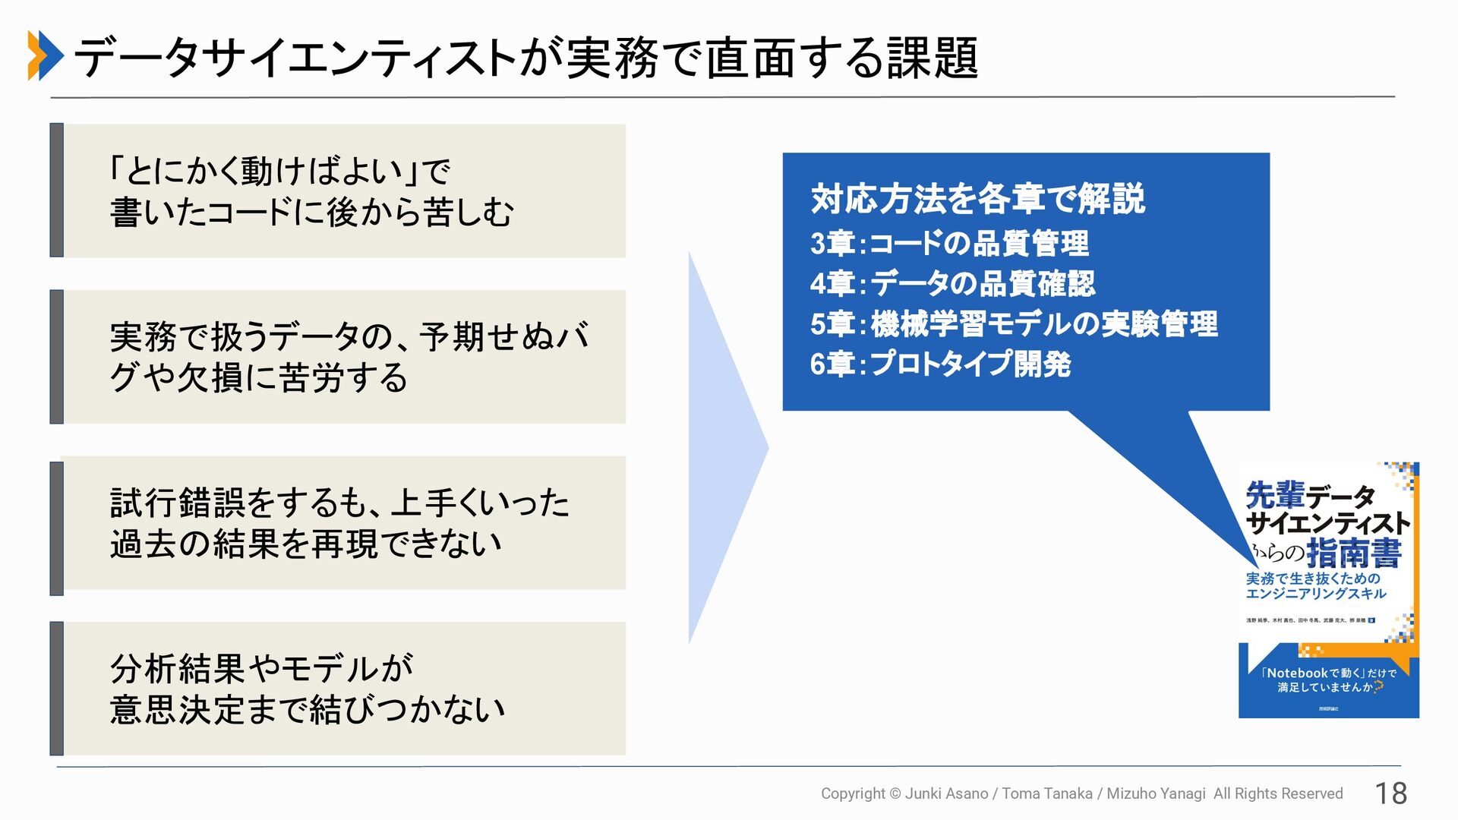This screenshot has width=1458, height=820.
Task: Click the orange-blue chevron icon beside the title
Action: tap(46, 55)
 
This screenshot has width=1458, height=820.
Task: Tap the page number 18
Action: tap(1391, 793)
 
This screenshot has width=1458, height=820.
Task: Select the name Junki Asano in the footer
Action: tap(946, 793)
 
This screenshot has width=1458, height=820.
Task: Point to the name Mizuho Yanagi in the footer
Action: tap(1156, 793)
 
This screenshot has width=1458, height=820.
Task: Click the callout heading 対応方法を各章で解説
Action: tap(977, 199)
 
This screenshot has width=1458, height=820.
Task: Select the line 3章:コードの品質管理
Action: tap(949, 244)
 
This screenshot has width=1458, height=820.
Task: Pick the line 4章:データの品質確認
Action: tap(952, 284)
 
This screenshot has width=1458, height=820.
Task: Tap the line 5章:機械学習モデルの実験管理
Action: tap(1014, 324)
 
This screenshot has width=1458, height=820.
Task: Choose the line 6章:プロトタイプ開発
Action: tap(940, 364)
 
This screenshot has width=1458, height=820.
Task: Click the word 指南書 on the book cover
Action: tap(1354, 553)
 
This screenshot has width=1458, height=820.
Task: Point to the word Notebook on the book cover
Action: tap(1297, 673)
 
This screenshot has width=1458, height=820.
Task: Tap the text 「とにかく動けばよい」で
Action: tap(279, 171)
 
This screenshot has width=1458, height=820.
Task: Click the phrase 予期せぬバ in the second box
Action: tap(504, 336)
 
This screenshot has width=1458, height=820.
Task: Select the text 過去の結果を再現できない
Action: tap(306, 544)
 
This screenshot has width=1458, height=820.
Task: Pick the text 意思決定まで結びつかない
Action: tap(308, 710)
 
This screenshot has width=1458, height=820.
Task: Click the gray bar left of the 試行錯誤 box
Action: tap(56, 528)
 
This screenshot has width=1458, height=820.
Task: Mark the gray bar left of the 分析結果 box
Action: tap(56, 688)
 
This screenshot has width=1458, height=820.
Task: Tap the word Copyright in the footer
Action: tap(853, 793)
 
